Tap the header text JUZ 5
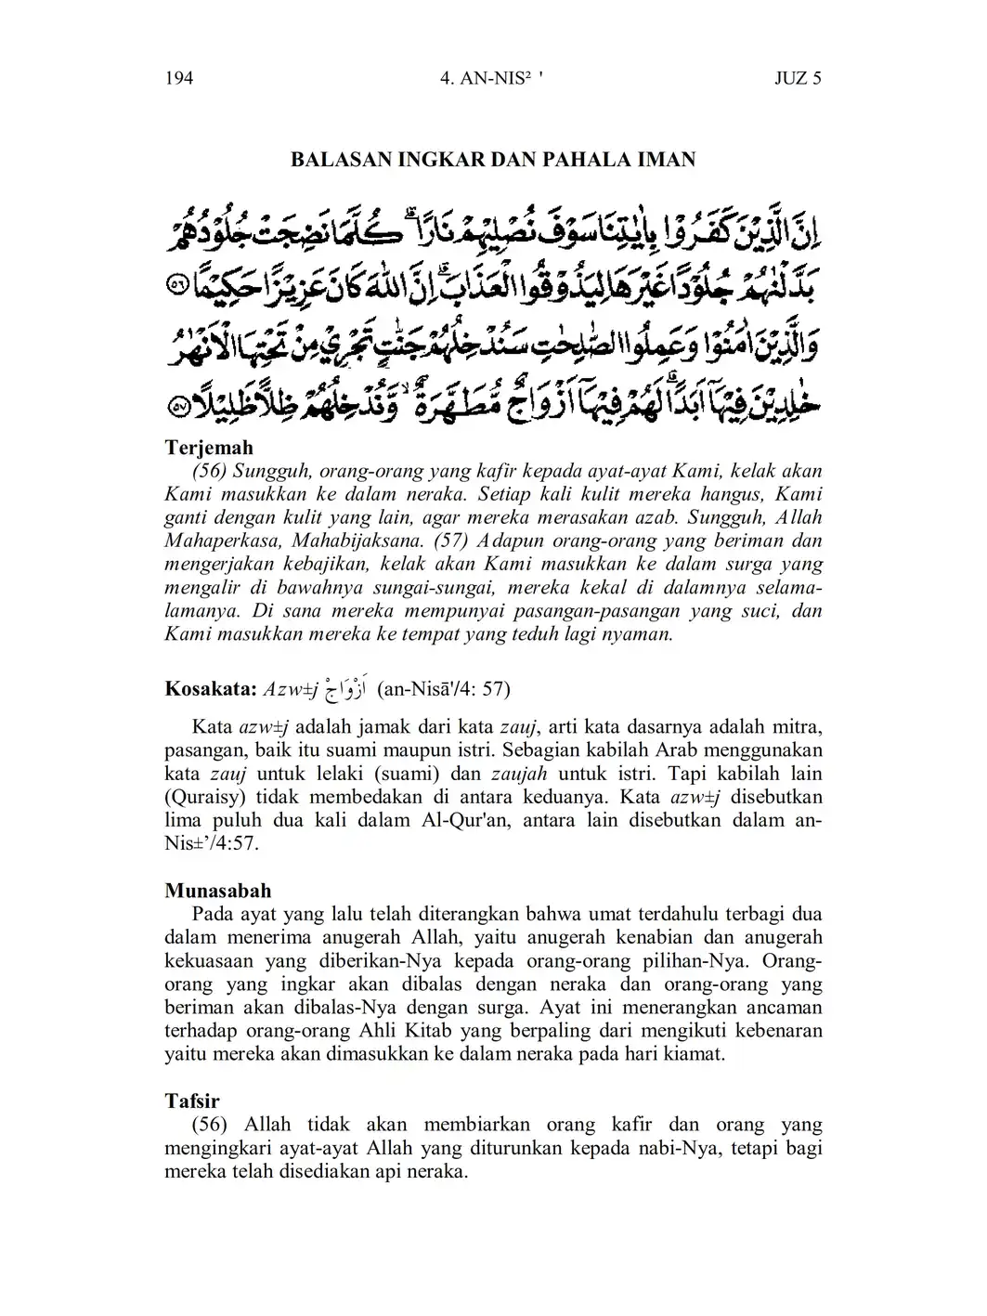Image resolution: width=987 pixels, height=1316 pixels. (x=798, y=78)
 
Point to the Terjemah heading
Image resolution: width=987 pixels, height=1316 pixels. (x=209, y=448)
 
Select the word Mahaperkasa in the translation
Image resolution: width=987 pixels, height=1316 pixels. (x=224, y=541)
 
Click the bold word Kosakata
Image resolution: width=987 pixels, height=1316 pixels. (x=211, y=690)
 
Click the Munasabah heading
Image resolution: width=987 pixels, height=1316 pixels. (x=218, y=892)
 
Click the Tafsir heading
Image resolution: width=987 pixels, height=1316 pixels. (x=192, y=1101)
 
